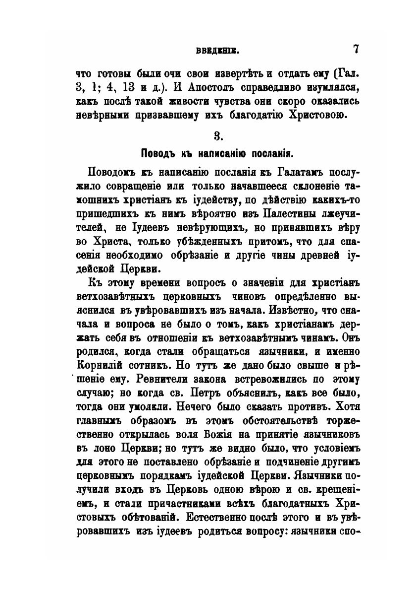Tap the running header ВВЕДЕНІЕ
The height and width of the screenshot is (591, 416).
(x=217, y=50)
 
